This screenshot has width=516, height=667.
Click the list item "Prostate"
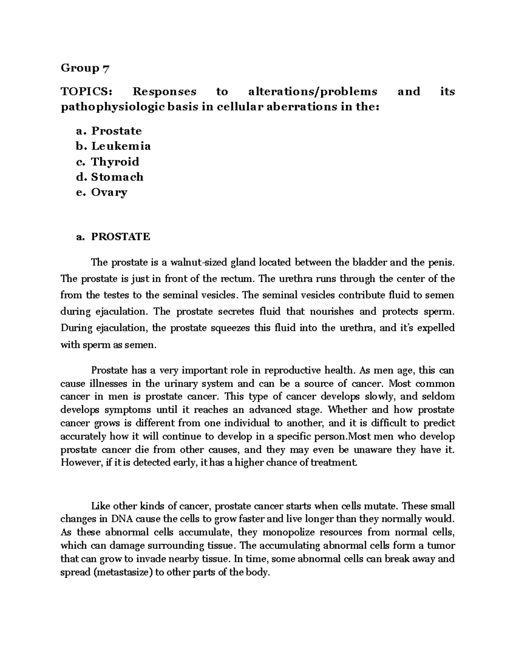point(117,131)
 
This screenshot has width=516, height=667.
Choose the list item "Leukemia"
point(121,146)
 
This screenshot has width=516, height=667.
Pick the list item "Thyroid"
point(115,161)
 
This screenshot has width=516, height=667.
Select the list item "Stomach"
point(117,177)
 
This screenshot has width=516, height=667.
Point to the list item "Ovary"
point(109,192)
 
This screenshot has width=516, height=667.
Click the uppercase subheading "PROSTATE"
point(120,237)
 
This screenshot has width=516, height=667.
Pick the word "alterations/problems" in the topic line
point(313,91)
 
